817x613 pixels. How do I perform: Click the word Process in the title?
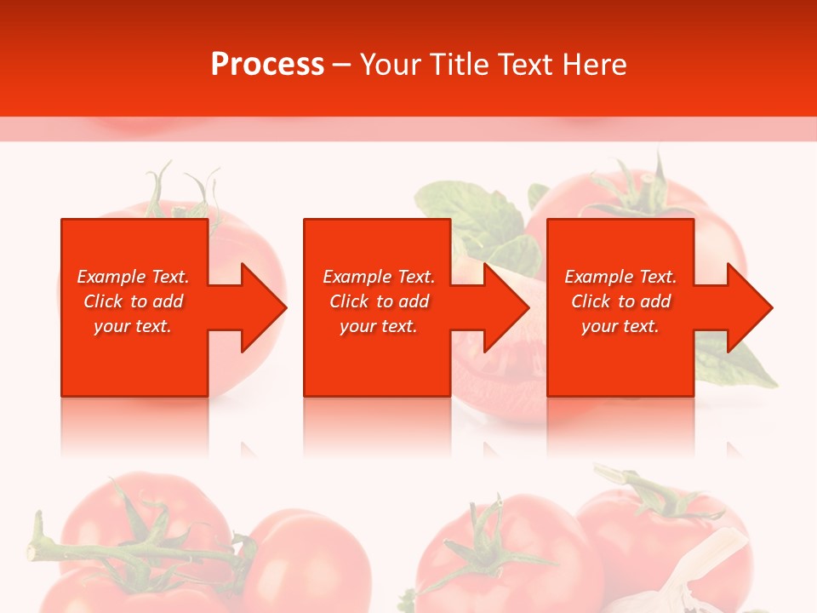point(267,65)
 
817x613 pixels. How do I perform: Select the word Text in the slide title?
point(524,65)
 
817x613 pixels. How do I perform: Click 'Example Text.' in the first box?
point(133,277)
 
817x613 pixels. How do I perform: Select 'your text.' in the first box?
point(133,326)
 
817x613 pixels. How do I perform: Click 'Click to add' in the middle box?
point(379,301)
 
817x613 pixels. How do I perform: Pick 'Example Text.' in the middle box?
point(379,277)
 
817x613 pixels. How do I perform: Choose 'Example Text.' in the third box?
point(620,277)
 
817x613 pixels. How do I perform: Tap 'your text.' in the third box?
point(620,326)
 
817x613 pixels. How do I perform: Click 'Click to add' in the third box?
point(620,301)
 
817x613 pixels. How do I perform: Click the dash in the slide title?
point(342,65)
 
